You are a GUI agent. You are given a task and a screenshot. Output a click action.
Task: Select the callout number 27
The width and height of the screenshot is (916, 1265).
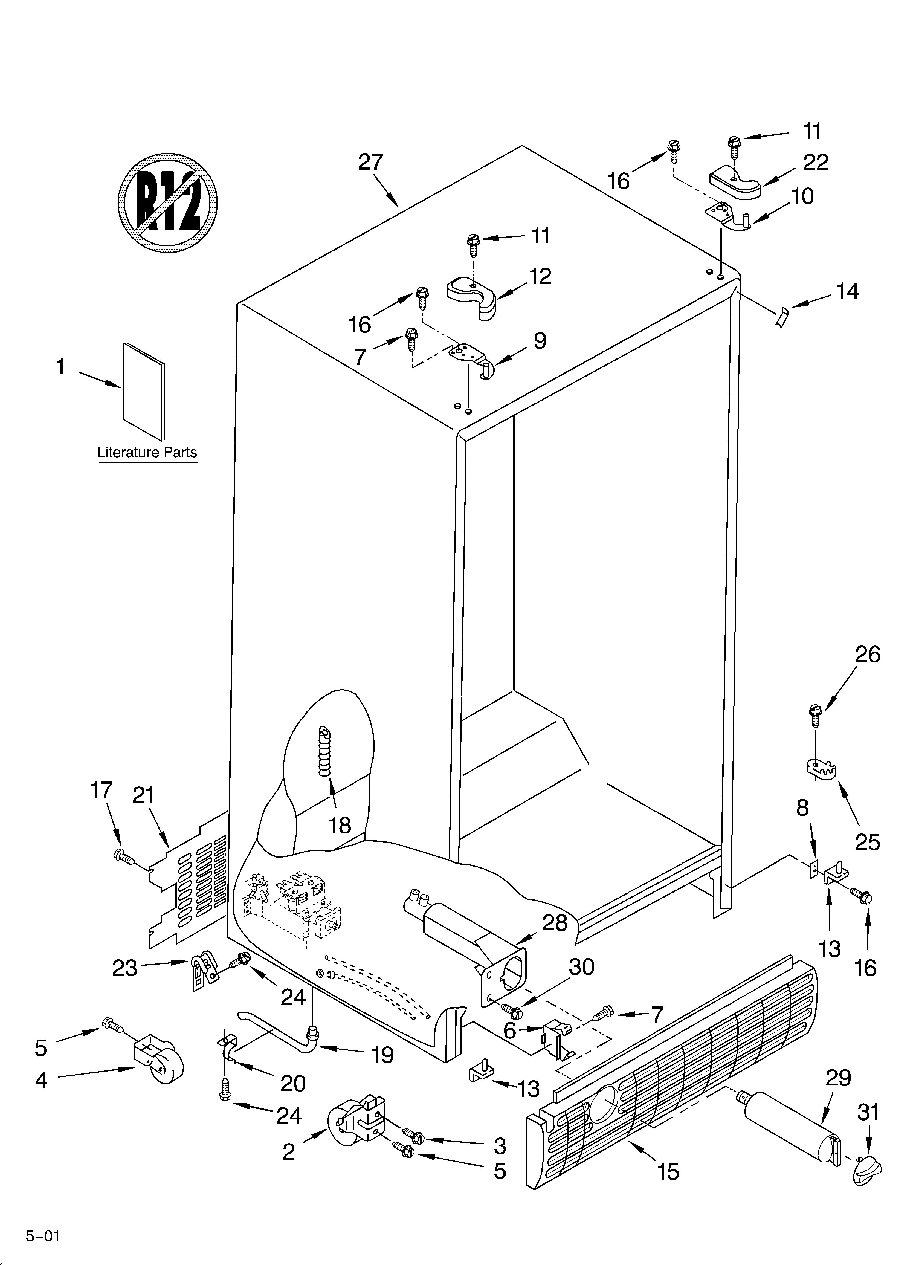pos(370,162)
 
